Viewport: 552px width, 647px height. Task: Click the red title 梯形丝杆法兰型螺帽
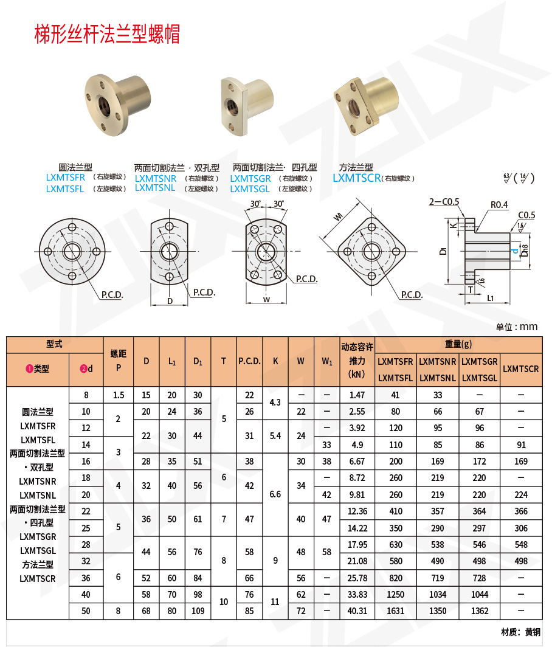pos(107,34)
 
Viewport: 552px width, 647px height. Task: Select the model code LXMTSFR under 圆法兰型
pos(66,178)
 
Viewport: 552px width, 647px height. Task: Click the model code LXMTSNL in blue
pos(155,188)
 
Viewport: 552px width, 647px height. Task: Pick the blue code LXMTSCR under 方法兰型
pos(356,178)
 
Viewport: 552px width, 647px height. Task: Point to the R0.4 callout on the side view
pos(498,205)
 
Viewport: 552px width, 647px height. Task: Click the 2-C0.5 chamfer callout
pos(444,202)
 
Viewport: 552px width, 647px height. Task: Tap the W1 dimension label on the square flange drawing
pos(339,217)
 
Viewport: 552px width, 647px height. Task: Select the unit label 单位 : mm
pos(517,327)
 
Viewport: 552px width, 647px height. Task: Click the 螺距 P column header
pos(119,361)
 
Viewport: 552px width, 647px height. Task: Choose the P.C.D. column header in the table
pos(249,361)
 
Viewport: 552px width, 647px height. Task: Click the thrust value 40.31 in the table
pos(357,611)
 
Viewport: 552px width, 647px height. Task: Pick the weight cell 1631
pos(395,611)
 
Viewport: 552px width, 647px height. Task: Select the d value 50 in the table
pos(86,611)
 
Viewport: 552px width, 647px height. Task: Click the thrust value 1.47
pos(357,395)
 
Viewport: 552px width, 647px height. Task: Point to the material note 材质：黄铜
pos(520,632)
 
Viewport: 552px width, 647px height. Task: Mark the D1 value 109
pos(198,611)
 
